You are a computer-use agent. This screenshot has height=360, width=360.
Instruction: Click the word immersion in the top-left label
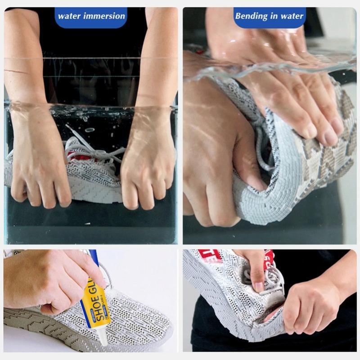pyautogui.click(x=104, y=16)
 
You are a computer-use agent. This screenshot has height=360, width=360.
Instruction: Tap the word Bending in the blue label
pyautogui.click(x=251, y=16)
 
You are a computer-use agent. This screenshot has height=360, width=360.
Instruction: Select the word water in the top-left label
pyautogui.click(x=69, y=16)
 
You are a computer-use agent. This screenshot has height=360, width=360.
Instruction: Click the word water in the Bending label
pyautogui.click(x=292, y=16)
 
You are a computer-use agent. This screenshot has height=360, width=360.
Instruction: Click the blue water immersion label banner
pyautogui.click(x=90, y=16)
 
